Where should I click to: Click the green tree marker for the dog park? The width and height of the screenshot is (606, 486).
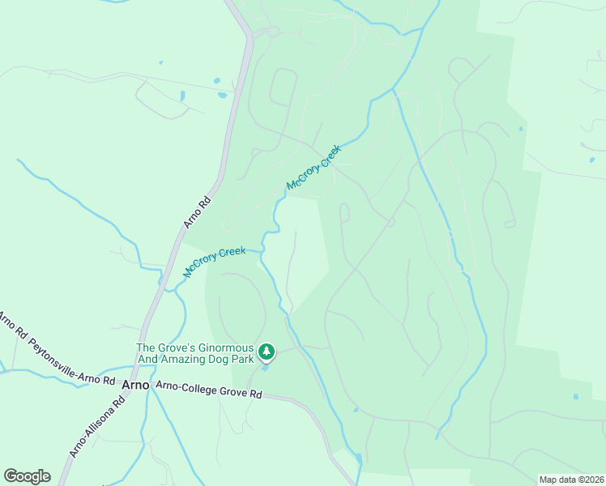[267, 352]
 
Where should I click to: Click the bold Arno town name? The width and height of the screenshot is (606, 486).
[135, 385]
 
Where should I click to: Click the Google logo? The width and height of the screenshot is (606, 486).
[27, 476]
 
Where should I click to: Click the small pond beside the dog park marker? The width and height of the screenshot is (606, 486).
[265, 368]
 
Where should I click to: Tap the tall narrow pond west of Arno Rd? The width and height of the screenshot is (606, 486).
[183, 96]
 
